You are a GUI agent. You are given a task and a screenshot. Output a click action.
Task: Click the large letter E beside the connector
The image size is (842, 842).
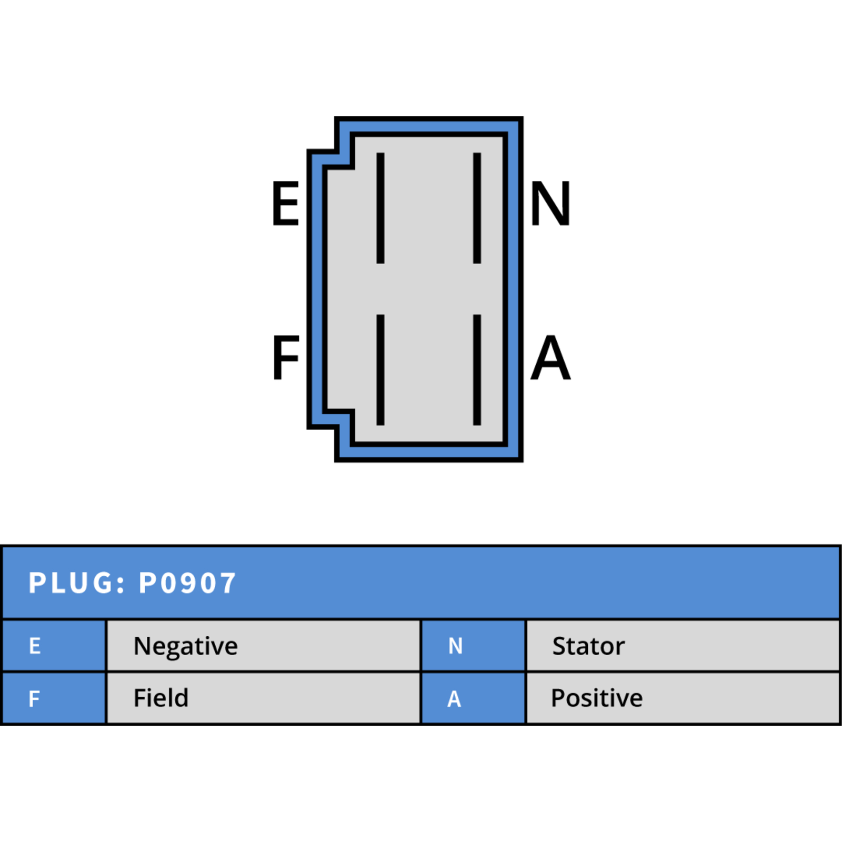coord(286,203)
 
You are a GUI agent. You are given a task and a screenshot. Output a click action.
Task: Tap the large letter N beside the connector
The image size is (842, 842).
coord(550,203)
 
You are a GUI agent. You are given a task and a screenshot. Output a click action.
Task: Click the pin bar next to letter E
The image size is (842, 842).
coord(380,208)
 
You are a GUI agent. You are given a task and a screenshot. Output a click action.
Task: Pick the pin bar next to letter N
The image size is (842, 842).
coord(477,208)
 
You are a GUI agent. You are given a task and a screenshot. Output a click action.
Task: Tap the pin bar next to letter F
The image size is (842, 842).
coord(380,370)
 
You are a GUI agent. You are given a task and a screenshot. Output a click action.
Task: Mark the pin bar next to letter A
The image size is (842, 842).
coord(477,370)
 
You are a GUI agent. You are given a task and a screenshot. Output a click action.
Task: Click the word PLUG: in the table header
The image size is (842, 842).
coord(77,583)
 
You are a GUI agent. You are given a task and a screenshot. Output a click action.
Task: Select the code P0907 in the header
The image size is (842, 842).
coord(187,583)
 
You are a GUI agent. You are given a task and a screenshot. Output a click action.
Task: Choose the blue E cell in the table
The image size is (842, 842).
coord(54,646)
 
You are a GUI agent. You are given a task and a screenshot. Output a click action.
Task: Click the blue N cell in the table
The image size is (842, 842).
coord(474,646)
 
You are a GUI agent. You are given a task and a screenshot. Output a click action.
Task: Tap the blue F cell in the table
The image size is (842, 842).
coord(54,698)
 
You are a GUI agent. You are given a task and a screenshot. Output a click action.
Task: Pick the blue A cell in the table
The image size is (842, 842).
coord(474,698)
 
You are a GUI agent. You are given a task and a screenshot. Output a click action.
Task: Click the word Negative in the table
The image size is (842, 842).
coord(186,647)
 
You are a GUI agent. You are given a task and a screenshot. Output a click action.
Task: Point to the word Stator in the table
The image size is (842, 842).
coord(588,646)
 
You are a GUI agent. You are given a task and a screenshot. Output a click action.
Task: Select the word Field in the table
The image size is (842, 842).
coord(161,698)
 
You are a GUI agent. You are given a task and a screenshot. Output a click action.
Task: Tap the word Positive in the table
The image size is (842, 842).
coord(597,698)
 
